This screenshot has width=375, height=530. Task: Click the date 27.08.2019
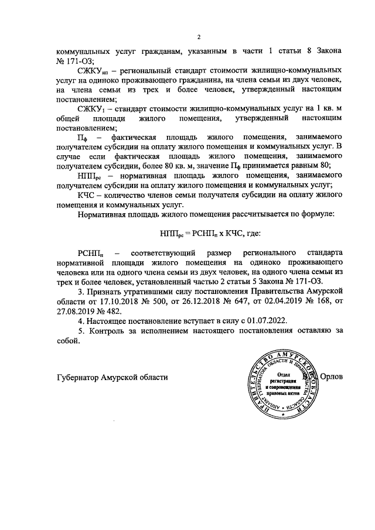click(x=77, y=312)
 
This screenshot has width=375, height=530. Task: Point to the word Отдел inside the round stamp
click(x=283, y=375)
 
